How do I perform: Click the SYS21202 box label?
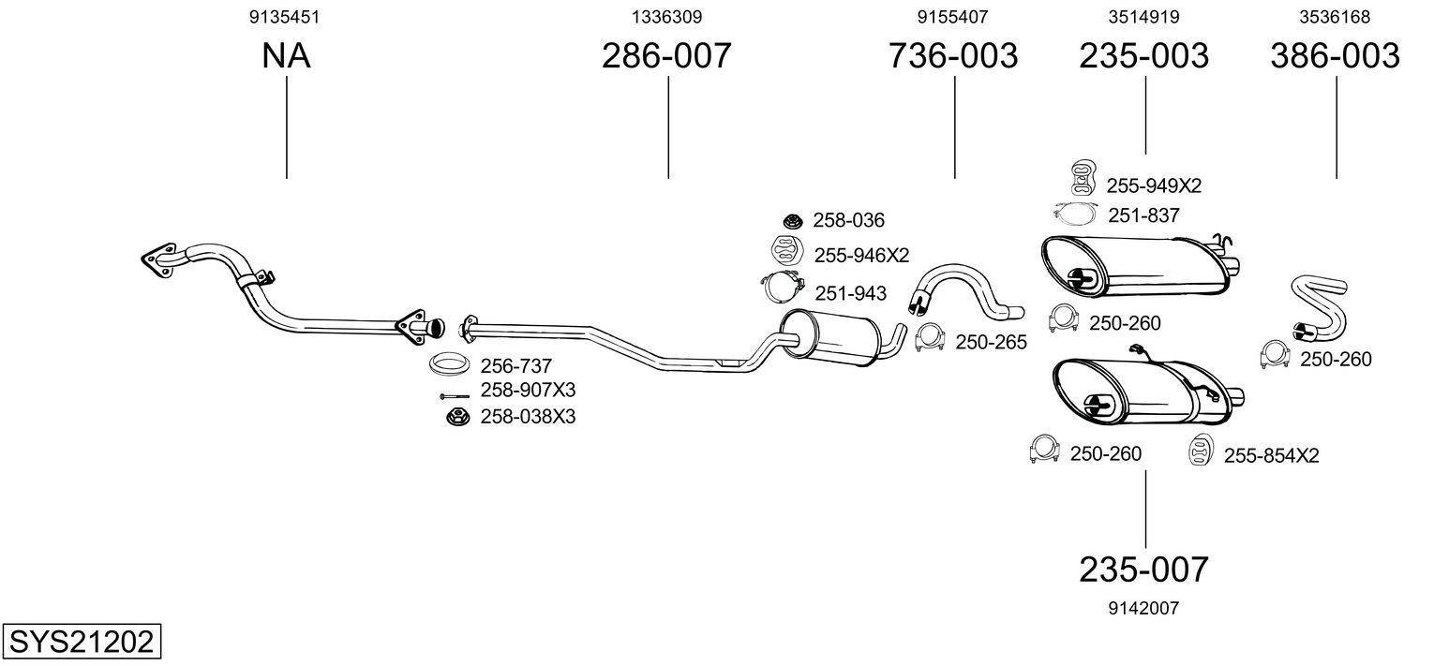click(81, 643)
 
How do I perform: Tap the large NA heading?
click(286, 56)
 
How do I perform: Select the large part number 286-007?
click(666, 56)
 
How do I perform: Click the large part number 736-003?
click(953, 56)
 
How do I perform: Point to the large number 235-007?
click(1144, 569)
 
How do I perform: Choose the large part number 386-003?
click(1335, 56)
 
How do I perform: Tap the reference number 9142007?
click(1144, 608)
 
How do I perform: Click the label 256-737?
click(516, 366)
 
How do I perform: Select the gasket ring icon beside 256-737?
click(450, 363)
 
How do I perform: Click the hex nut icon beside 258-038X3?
click(457, 416)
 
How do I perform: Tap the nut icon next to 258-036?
click(792, 221)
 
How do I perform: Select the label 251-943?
click(850, 293)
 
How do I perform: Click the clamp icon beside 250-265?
click(929, 337)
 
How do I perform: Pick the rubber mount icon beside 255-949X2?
click(1082, 178)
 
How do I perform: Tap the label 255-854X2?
click(1271, 456)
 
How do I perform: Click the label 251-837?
click(1143, 215)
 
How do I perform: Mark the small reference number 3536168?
click(1335, 17)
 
